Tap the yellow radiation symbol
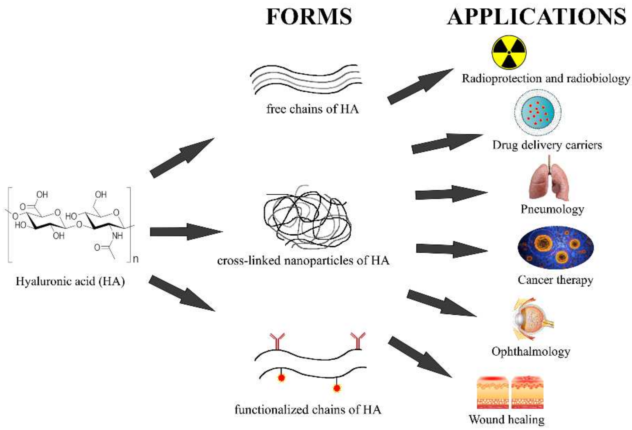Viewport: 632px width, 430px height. [x=509, y=52]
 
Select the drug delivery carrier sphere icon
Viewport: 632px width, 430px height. [x=537, y=112]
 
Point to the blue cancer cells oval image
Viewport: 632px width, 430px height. [x=555, y=248]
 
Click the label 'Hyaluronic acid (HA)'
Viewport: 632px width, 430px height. [x=70, y=281]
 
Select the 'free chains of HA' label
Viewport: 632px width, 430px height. [x=312, y=109]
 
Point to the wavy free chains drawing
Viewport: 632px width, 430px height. [x=306, y=79]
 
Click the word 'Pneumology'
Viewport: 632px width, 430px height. [x=552, y=209]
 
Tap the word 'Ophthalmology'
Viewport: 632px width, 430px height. [x=531, y=351]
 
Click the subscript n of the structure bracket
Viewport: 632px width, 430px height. [x=136, y=259]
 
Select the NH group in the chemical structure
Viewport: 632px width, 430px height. [x=117, y=236]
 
